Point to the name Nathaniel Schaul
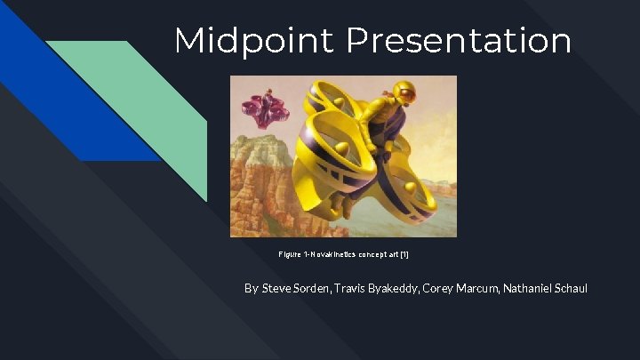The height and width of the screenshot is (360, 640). (543, 289)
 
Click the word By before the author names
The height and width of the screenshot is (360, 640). (252, 289)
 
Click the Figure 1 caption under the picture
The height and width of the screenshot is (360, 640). (343, 254)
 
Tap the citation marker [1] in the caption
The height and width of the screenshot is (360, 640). (404, 254)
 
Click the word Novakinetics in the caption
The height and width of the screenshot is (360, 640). (332, 254)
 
